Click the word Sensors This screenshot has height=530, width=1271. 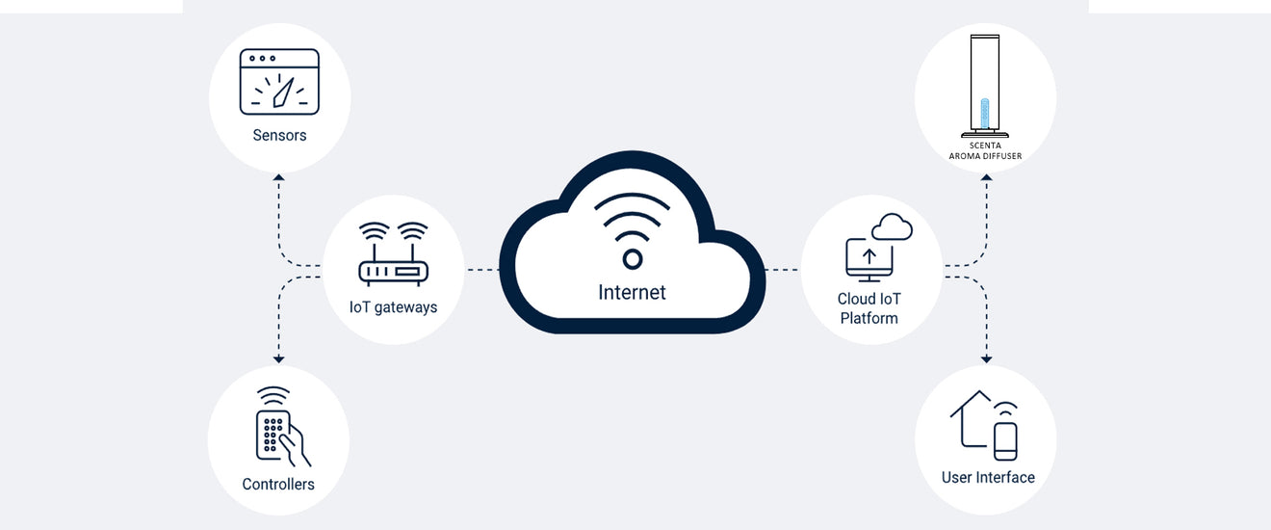click(279, 135)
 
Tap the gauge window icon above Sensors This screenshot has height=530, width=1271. click(279, 82)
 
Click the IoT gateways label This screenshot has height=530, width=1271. click(393, 307)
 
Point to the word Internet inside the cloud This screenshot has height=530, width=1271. click(632, 292)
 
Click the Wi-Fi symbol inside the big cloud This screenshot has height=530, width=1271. click(632, 231)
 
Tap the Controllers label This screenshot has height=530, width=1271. click(278, 484)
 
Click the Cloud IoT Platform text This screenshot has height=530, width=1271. click(869, 308)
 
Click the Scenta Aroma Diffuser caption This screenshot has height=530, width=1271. click(985, 150)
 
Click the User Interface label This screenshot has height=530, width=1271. click(988, 477)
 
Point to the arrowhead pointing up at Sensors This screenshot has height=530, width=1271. click(278, 178)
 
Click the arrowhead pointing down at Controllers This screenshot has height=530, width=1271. click(278, 358)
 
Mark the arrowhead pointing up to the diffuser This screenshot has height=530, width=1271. click(986, 178)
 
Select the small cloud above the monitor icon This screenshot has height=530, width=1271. click(892, 227)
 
